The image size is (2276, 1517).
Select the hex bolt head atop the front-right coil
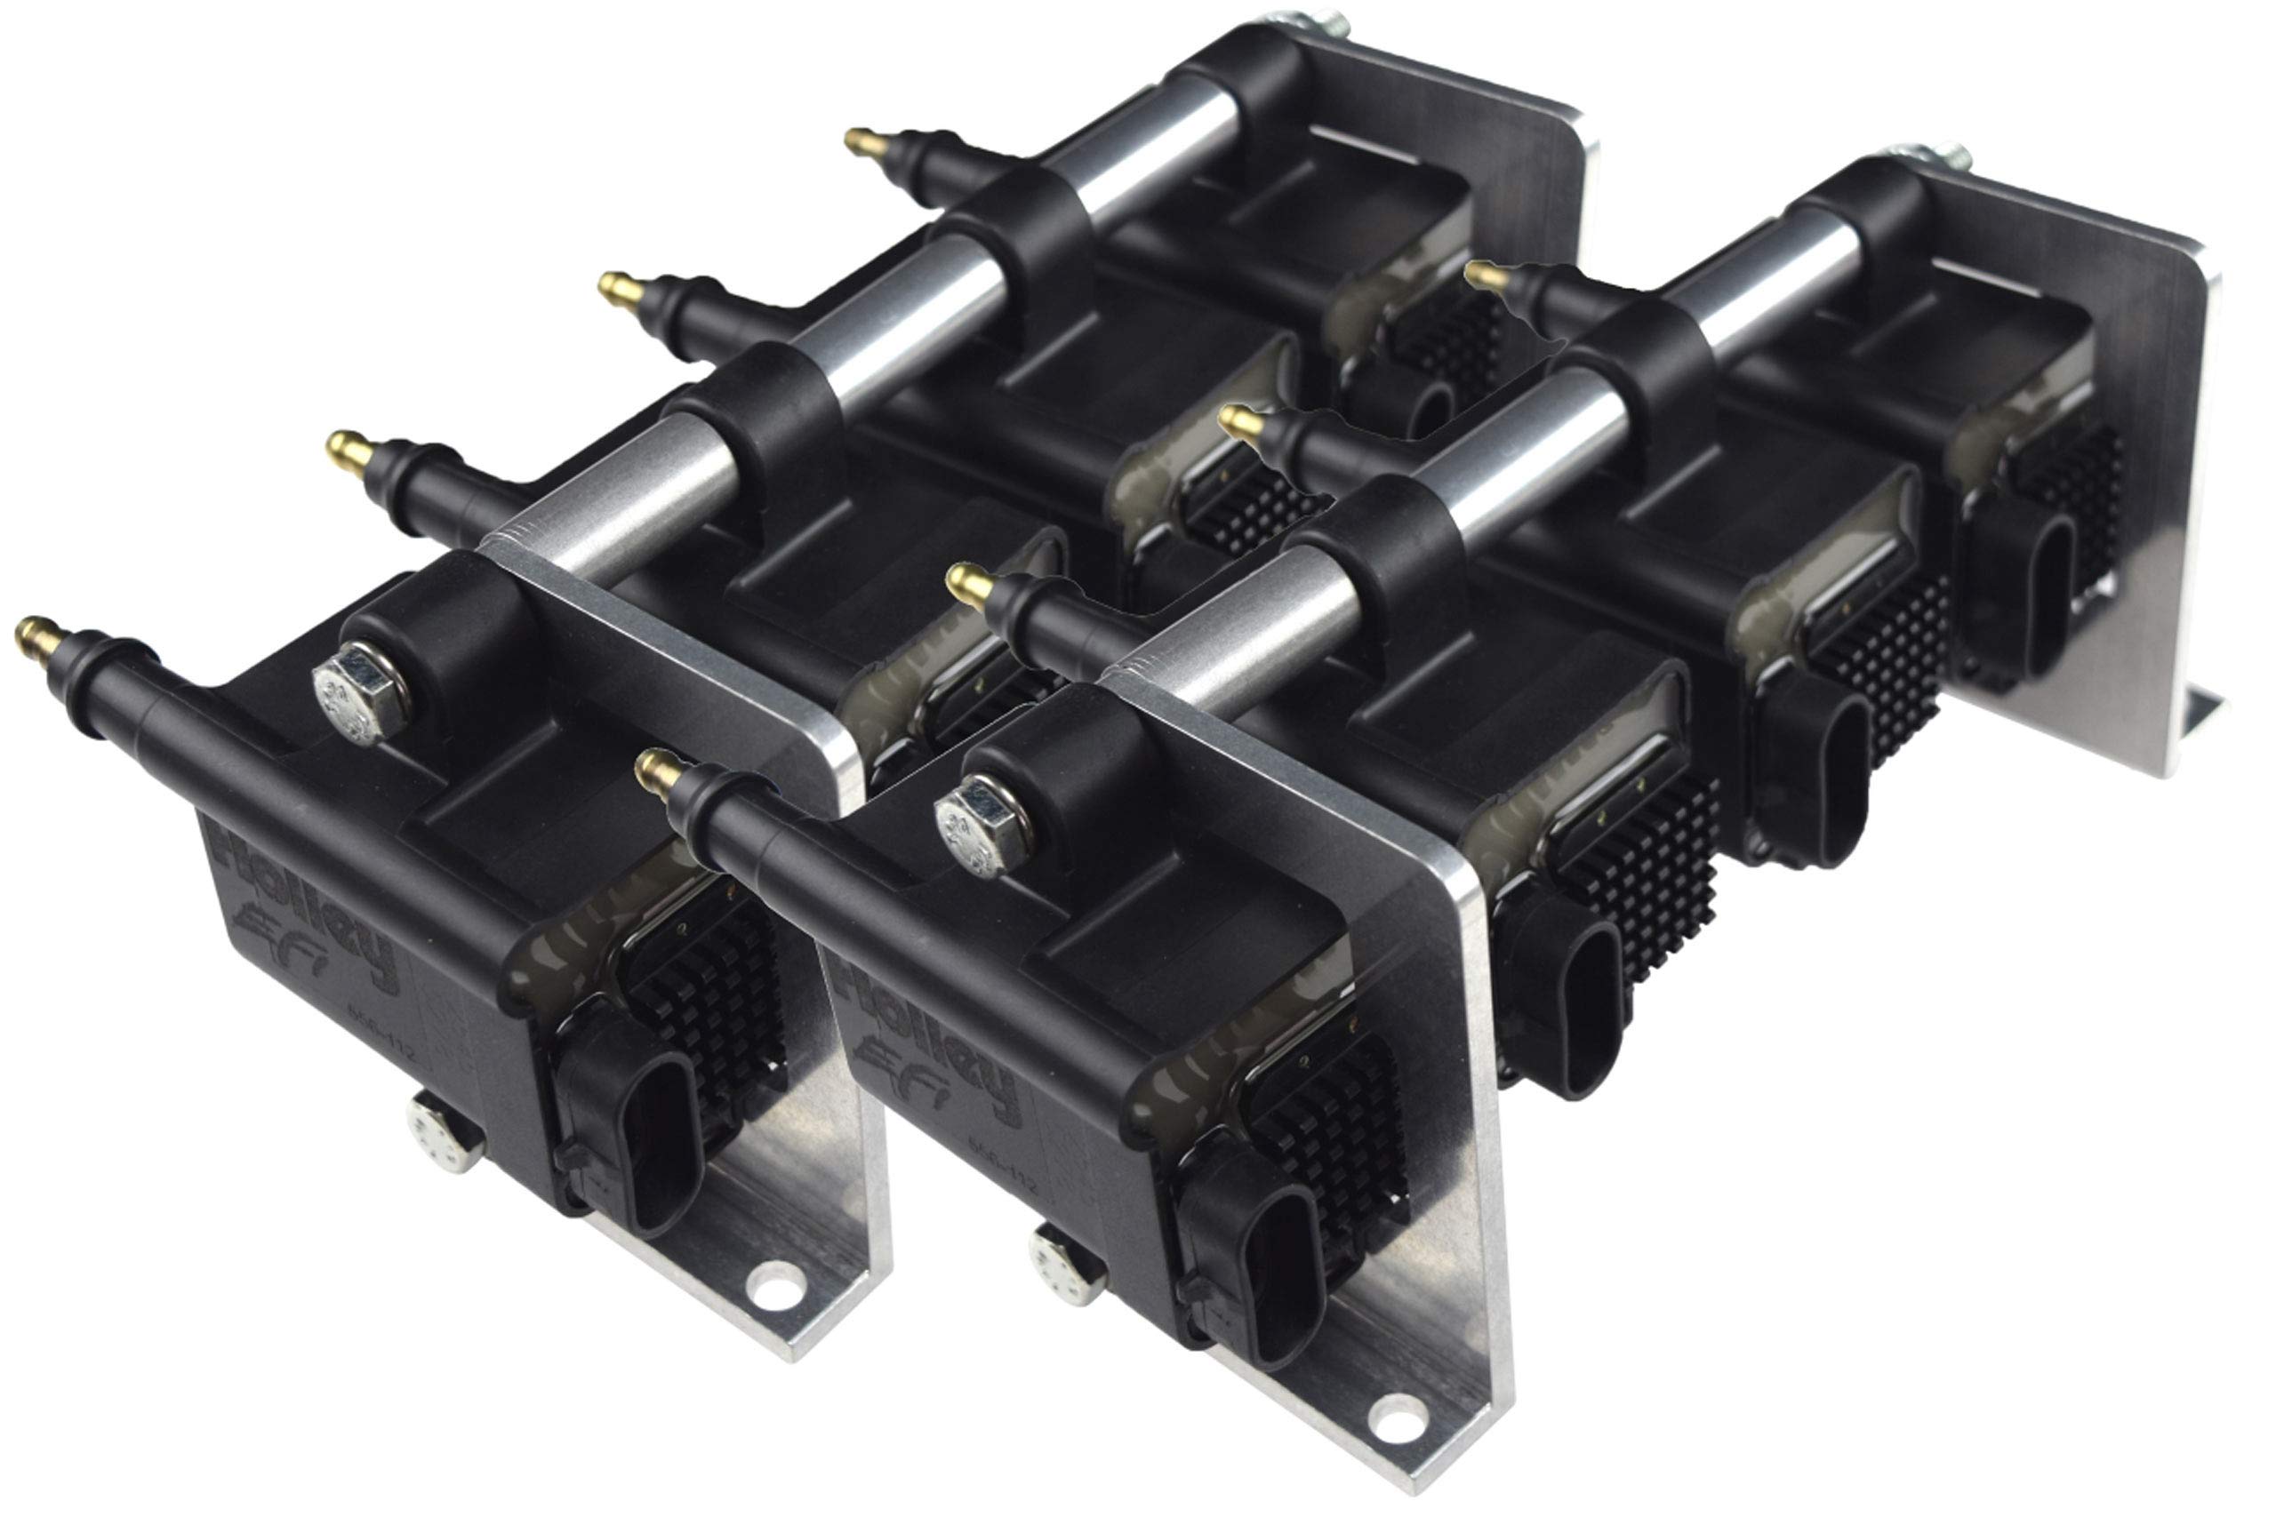979,826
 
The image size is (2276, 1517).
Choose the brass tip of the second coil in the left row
621,288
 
